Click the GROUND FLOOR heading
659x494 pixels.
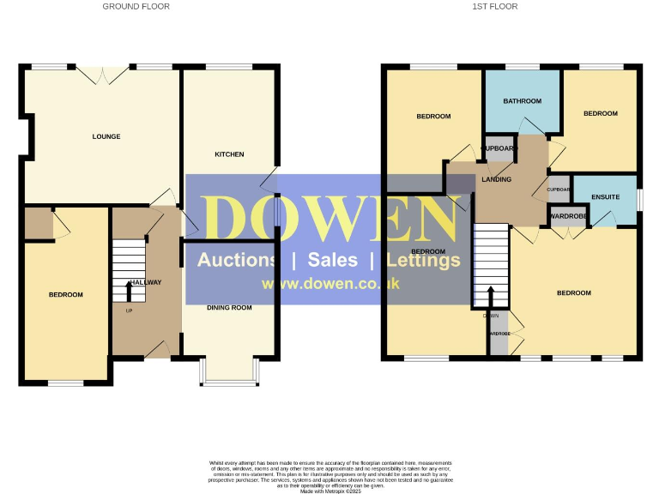(136, 6)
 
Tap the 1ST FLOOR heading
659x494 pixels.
(495, 6)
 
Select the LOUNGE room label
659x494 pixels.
(106, 136)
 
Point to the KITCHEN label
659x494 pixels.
(229, 154)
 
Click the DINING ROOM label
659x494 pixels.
(229, 307)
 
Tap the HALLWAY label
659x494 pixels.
(144, 282)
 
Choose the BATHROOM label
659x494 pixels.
(523, 101)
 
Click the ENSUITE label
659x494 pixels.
(605, 197)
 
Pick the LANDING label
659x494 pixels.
(497, 179)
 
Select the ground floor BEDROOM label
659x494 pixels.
(65, 295)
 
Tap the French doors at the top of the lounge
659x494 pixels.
(101, 75)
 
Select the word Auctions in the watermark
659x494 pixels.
(238, 260)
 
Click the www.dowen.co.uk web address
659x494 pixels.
(330, 284)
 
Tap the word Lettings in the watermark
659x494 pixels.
(423, 260)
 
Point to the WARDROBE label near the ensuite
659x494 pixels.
(567, 216)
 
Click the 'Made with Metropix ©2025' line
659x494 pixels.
(329, 491)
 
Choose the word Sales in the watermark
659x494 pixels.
(333, 260)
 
